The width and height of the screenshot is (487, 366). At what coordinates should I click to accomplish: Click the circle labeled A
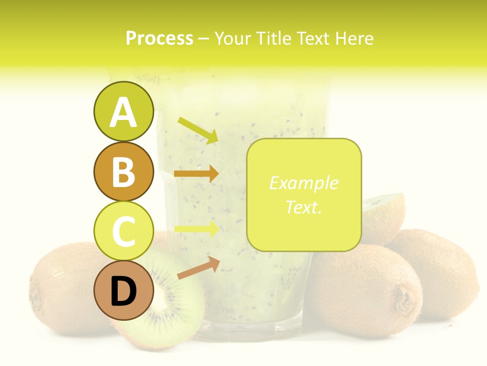click(x=123, y=112)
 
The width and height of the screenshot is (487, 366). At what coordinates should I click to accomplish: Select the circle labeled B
click(x=123, y=172)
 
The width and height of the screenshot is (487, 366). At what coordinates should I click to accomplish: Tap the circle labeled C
click(x=123, y=231)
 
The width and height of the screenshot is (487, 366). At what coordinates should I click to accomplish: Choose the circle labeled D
click(x=123, y=291)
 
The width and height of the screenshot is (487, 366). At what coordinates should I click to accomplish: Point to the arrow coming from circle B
click(x=196, y=173)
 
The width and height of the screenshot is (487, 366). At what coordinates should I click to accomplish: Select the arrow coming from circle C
click(x=196, y=229)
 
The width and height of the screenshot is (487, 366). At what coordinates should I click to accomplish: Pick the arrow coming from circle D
click(x=198, y=268)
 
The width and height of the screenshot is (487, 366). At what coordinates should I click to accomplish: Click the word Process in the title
click(x=159, y=38)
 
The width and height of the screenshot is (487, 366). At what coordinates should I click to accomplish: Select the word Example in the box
click(x=303, y=183)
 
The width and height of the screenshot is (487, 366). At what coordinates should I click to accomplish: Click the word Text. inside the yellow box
click(x=303, y=207)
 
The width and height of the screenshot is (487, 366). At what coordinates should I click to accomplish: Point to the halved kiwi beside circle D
click(x=170, y=300)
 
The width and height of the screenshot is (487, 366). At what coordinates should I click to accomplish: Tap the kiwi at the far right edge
click(x=446, y=269)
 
